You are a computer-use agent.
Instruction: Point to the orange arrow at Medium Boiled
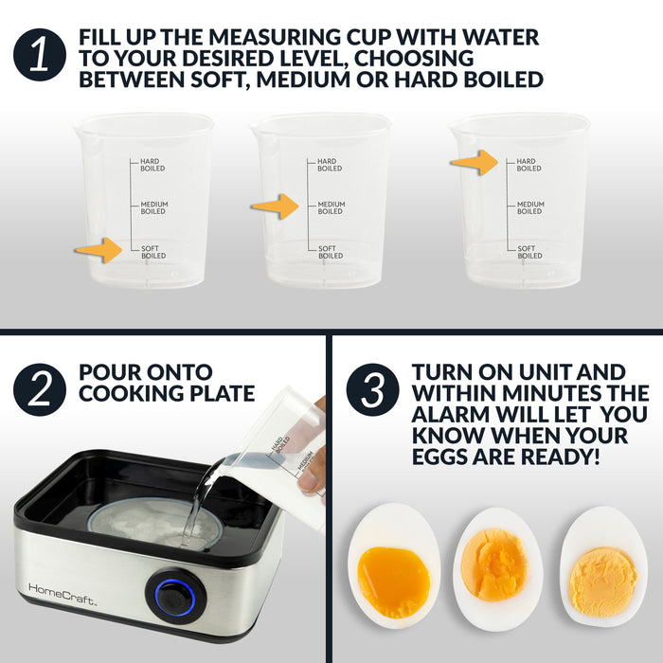click(275, 206)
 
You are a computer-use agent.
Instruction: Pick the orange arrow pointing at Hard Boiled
click(474, 163)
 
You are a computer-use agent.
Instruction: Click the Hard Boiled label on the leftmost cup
click(152, 165)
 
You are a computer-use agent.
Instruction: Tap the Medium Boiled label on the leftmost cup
click(152, 207)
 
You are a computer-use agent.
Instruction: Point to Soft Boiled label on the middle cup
click(330, 252)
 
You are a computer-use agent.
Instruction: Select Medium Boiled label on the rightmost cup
click(529, 207)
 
